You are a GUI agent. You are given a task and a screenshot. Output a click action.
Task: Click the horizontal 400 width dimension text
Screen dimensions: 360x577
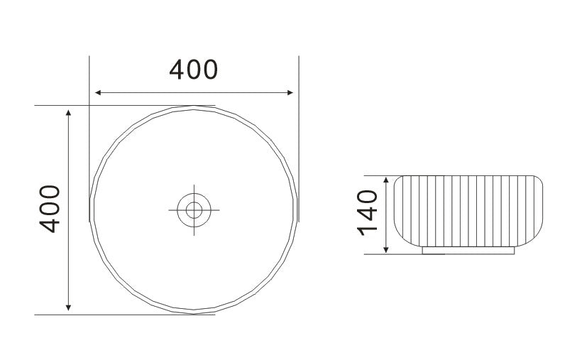click(x=193, y=70)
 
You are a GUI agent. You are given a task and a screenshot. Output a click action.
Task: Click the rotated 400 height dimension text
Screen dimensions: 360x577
click(x=50, y=209)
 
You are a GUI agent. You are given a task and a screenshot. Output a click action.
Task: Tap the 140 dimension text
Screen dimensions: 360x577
click(x=367, y=213)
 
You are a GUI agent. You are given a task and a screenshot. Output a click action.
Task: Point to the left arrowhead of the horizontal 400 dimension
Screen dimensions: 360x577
click(x=99, y=92)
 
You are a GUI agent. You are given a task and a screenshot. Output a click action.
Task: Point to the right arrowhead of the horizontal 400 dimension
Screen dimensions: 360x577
click(x=289, y=92)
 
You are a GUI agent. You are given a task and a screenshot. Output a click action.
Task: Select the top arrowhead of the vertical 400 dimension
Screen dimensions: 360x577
click(x=68, y=113)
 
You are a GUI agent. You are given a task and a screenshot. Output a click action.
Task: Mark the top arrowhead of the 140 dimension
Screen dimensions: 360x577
click(x=385, y=180)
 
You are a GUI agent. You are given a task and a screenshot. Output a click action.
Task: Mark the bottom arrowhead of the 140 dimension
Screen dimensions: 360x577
click(x=385, y=249)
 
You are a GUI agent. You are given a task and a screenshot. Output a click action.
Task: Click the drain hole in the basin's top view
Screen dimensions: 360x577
click(x=194, y=209)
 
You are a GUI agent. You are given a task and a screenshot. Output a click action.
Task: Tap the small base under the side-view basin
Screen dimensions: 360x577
click(x=468, y=250)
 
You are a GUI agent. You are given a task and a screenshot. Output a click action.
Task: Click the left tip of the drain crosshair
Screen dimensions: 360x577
click(x=170, y=209)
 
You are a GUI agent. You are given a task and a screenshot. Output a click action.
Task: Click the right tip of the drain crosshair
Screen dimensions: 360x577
click(x=219, y=209)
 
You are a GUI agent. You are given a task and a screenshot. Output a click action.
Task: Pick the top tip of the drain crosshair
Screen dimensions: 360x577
click(x=194, y=185)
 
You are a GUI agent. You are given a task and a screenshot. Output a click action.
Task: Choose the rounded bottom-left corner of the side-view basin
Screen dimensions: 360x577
click(x=399, y=241)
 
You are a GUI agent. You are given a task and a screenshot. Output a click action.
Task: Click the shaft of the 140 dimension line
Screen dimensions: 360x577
click(x=385, y=213)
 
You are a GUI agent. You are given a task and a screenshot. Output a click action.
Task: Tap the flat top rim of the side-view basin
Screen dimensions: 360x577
click(x=468, y=175)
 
